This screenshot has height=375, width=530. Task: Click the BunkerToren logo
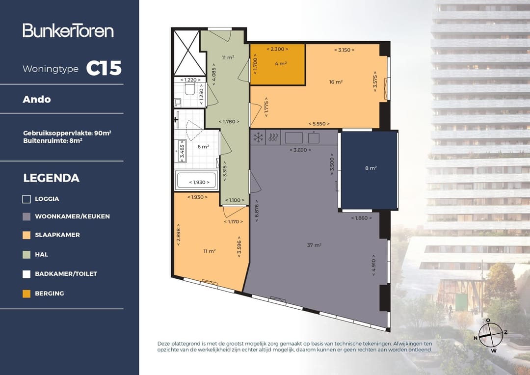point(68,30)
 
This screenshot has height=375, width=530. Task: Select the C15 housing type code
point(104,68)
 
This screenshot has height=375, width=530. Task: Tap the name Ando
point(36,100)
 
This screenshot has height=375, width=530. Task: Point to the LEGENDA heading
point(52,178)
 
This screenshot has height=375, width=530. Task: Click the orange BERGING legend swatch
point(26,294)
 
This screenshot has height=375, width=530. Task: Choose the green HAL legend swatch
point(26,255)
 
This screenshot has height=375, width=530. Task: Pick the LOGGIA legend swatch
point(26,199)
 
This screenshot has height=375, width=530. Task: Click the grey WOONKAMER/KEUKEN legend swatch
point(26,216)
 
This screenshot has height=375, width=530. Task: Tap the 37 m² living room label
point(314,245)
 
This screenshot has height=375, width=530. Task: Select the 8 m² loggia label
point(371,168)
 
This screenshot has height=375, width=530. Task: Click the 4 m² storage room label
point(281,64)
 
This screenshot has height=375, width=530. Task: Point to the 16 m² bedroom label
point(336,82)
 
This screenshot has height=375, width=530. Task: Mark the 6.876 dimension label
point(257,211)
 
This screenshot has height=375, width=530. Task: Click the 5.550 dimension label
point(319,124)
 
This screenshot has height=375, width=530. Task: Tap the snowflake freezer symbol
point(259,137)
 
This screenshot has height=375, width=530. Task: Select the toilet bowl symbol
point(189,89)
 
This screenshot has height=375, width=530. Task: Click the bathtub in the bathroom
point(196,181)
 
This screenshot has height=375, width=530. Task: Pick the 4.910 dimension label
point(373,266)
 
